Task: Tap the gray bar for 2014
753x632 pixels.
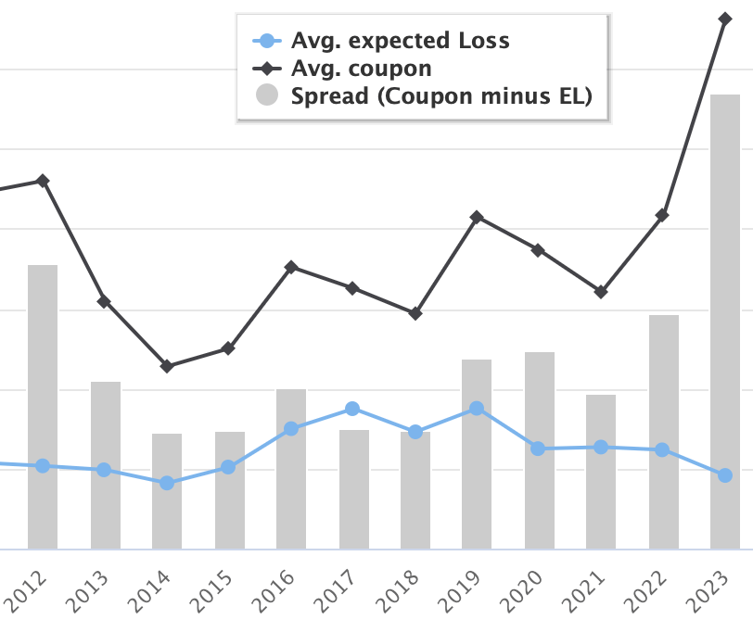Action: [x=167, y=490]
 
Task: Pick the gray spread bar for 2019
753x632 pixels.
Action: [x=477, y=453]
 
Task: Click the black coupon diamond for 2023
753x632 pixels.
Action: [x=725, y=18]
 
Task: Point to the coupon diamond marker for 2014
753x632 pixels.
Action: [x=167, y=366]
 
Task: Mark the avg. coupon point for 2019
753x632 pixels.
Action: [x=477, y=217]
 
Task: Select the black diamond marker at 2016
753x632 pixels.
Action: [x=291, y=267]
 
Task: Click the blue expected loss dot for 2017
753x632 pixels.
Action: [x=352, y=409]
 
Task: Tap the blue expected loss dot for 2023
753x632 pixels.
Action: [x=725, y=475]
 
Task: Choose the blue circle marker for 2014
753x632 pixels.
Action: [x=167, y=483]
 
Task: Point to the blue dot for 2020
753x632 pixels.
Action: [x=538, y=449]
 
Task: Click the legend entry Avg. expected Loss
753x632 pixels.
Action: [x=400, y=41]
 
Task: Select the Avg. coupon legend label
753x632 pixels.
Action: [x=361, y=69]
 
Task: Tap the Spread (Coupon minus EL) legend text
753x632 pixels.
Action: [x=441, y=96]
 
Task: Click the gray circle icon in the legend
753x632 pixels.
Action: [x=267, y=95]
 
